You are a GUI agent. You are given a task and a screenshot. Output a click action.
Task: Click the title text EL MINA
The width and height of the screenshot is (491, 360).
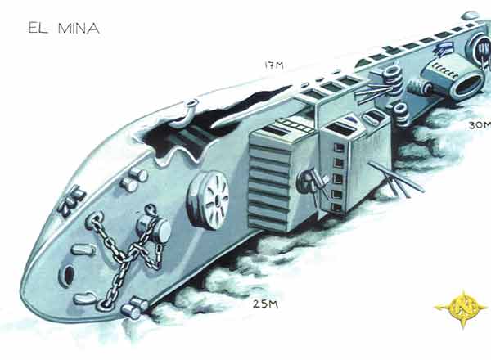point(64,28)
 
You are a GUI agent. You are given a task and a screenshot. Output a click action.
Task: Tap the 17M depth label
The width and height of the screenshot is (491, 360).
point(274,65)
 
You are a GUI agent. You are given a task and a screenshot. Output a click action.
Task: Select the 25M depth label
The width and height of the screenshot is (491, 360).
point(265,304)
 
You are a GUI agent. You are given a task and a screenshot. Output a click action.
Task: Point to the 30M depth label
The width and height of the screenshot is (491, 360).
point(480,125)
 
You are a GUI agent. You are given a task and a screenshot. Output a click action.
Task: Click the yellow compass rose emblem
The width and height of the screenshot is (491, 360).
point(462,308)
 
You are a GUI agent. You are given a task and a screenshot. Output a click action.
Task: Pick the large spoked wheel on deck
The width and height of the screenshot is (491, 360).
point(208,200)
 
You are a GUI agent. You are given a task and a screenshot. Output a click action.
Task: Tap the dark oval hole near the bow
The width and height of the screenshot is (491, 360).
point(69,275)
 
